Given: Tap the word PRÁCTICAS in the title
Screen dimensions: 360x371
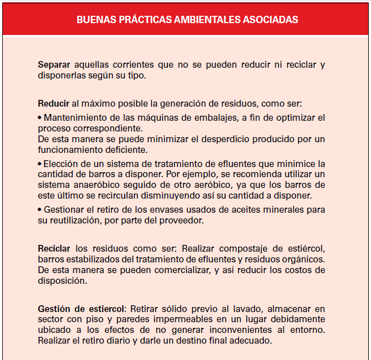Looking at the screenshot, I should pos(138,20).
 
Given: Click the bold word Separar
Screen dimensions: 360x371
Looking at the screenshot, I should pos(54,65).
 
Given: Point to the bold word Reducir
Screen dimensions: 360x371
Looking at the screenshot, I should pos(54,104).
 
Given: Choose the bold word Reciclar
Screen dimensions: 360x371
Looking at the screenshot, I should pos(54,248).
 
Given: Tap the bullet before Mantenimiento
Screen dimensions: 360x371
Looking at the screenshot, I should pos(39,118).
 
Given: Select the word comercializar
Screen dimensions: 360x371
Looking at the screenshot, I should pos(176,270).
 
